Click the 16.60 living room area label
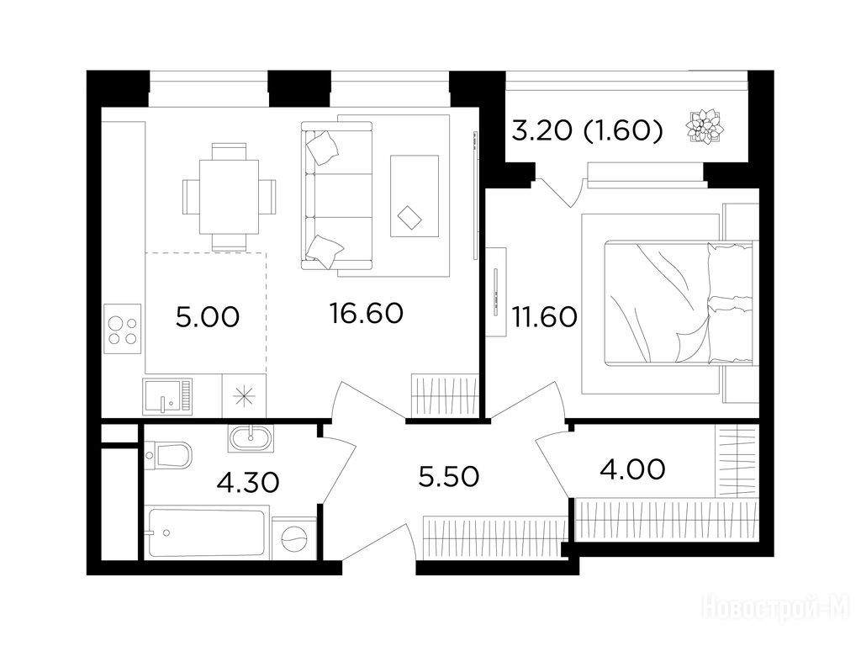[x=367, y=313]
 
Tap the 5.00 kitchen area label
[x=208, y=317]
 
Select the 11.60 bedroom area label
[x=544, y=317]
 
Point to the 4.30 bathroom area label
[x=248, y=483]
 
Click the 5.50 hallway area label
[x=449, y=477]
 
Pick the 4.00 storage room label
[x=634, y=469]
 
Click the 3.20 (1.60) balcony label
[x=587, y=130]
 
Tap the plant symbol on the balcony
[x=705, y=128]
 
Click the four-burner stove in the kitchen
[x=123, y=329]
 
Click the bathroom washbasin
[x=251, y=438]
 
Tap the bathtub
[x=207, y=532]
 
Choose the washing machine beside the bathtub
[x=294, y=538]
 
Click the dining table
[x=229, y=197]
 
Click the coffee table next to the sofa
[x=415, y=196]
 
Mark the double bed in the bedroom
[x=679, y=303]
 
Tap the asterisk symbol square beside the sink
[x=244, y=396]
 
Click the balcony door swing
[x=559, y=193]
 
